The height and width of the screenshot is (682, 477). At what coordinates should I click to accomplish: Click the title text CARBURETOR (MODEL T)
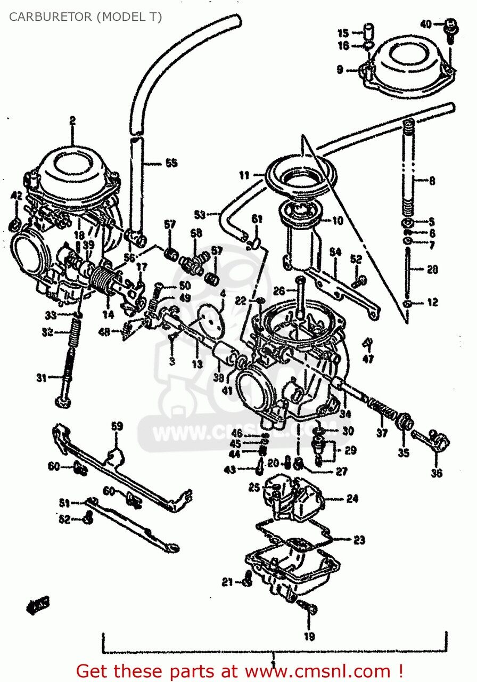coord(85,17)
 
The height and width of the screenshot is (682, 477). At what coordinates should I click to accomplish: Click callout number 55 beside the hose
coord(170,163)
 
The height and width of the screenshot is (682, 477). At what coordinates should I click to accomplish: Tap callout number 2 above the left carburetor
coord(72,121)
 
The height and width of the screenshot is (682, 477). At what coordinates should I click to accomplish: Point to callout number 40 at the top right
coord(426,23)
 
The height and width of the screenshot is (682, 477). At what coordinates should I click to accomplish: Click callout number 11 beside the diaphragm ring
coord(244,174)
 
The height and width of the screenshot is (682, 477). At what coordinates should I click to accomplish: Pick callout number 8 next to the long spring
coord(431,181)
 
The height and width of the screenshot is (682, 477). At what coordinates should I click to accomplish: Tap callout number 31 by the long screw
coord(42,378)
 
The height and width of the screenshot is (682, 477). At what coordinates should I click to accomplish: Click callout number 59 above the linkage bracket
coord(117,426)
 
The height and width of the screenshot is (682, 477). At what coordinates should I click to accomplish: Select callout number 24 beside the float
coord(352,499)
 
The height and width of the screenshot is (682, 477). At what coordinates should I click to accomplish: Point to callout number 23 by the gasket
coord(359,540)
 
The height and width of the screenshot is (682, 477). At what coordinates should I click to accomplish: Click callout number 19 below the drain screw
coord(309,636)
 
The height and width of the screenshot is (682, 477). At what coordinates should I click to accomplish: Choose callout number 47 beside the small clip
coord(368,359)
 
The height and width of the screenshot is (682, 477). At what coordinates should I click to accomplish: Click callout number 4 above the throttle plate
coord(223,293)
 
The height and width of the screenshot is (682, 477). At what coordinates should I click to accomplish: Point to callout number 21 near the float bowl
coord(227,582)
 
